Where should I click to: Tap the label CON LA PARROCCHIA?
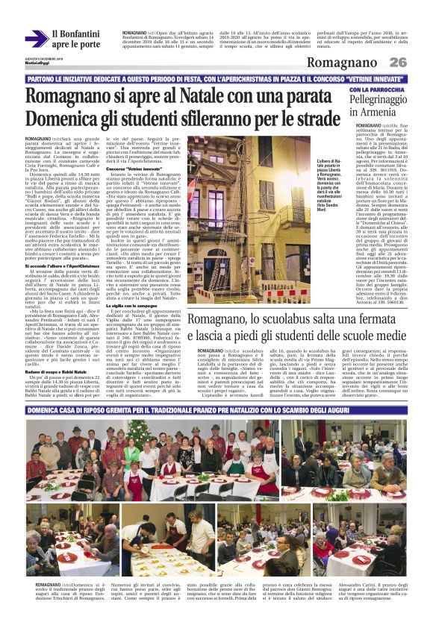377,90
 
